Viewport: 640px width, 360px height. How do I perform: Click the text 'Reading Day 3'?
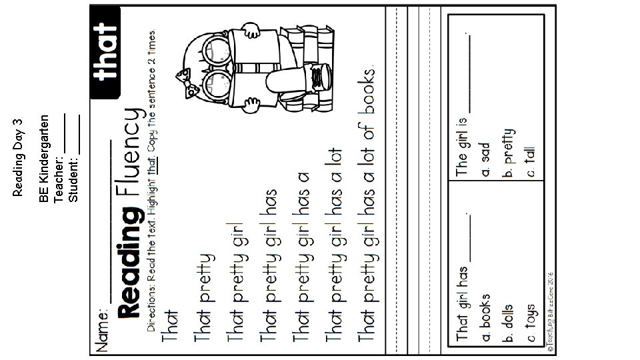point(18,157)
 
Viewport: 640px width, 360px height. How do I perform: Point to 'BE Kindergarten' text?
point(43,158)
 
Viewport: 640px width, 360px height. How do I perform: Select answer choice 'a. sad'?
point(485,159)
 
